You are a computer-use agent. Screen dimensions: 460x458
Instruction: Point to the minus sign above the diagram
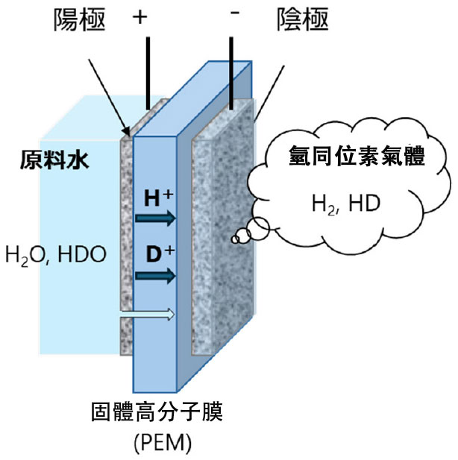coord(234,16)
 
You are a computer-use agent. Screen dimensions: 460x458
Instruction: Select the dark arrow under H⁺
coord(156,218)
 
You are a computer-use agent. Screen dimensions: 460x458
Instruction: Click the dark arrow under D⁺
coord(156,276)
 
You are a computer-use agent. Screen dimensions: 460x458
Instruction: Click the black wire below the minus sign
coord(233,75)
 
